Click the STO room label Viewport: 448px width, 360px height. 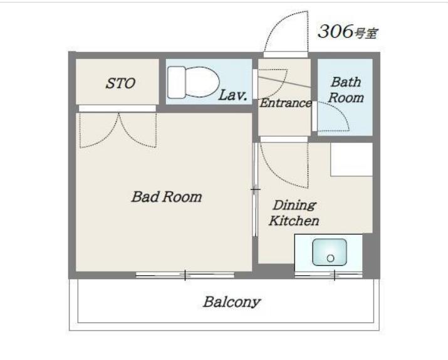[120, 83]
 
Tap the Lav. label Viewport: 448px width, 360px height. [232, 95]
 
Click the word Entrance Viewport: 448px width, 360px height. [286, 103]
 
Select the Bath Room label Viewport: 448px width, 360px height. [346, 90]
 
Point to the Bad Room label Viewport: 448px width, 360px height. [167, 197]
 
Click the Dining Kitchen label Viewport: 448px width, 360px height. [294, 213]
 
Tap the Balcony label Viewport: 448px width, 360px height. [231, 302]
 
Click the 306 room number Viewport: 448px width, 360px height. [335, 31]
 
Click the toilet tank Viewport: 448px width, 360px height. [177, 82]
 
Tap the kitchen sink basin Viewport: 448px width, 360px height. [330, 252]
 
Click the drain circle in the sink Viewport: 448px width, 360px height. [331, 258]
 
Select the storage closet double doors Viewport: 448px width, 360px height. [118, 130]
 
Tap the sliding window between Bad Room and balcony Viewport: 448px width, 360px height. [185, 275]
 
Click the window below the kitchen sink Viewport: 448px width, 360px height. [328, 275]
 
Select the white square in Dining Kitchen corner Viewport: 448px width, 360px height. [352, 159]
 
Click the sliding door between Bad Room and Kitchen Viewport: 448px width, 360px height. [255, 189]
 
